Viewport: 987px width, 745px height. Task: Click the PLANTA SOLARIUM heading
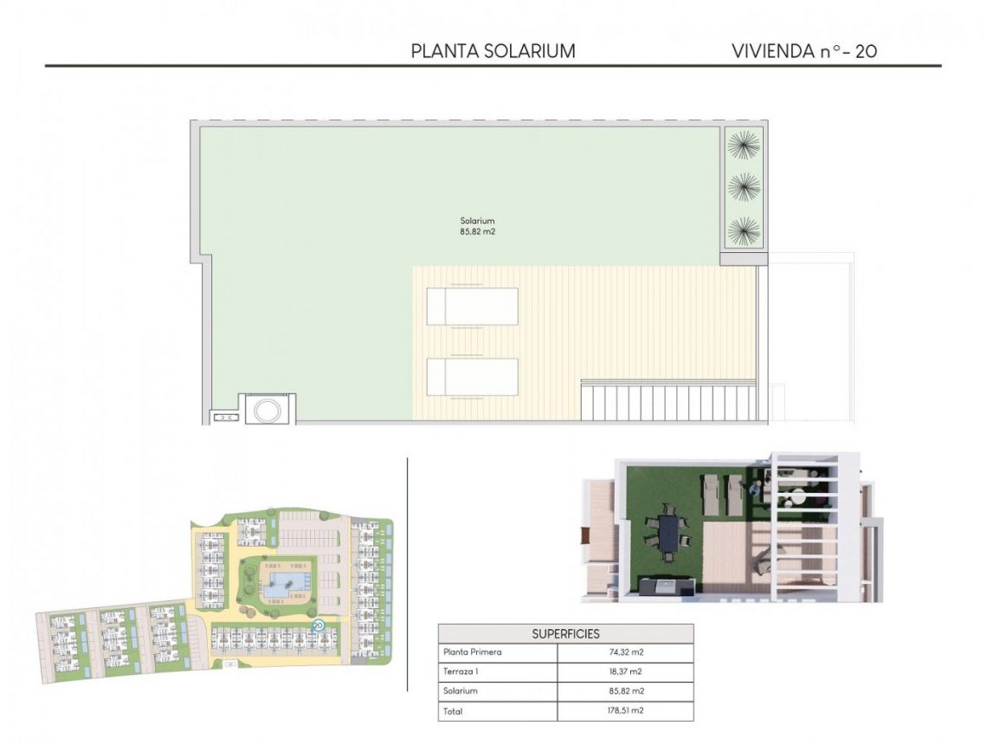493,51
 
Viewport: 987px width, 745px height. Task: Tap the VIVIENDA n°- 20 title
804,51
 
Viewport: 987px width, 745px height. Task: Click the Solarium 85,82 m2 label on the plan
477,226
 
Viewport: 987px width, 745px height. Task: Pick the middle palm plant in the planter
744,187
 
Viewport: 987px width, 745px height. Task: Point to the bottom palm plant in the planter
744,231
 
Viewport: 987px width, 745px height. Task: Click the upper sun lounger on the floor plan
472,306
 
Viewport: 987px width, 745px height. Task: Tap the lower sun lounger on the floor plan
472,377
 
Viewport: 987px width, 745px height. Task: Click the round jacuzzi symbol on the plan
266,409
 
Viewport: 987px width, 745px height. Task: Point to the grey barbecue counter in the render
667,587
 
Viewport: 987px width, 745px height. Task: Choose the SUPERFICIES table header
565,634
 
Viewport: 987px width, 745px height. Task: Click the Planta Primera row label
472,653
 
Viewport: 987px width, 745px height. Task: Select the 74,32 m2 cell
625,653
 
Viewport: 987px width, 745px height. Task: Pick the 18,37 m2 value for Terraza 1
625,672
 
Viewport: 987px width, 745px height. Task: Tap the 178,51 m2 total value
625,711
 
